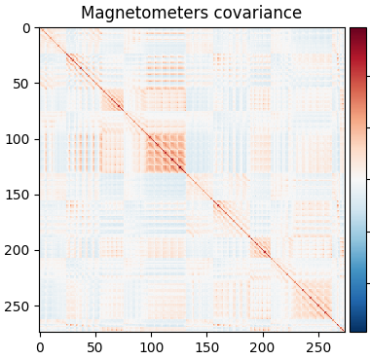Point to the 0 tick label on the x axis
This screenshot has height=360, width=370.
pos(40,346)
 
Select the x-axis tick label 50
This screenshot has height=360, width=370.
pos(95,346)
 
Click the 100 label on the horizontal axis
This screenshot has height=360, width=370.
pos(151,346)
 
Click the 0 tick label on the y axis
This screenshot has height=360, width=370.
pos(27,28)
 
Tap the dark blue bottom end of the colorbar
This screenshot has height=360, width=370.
pos(358,328)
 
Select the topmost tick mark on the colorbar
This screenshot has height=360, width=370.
pos(368,76)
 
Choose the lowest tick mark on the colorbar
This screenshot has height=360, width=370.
pos(368,283)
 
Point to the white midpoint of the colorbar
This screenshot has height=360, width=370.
pos(358,180)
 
